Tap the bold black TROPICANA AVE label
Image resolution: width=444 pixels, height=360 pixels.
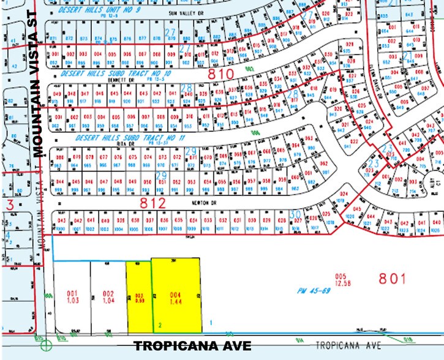tap(192, 346)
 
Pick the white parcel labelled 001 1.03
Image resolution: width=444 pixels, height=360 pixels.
tap(73, 297)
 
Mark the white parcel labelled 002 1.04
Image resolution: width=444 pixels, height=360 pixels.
tap(108, 297)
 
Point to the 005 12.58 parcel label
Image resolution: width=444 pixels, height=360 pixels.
tap(341, 279)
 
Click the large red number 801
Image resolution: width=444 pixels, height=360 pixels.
tap(392, 279)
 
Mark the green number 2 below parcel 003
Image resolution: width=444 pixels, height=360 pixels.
tap(160, 324)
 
